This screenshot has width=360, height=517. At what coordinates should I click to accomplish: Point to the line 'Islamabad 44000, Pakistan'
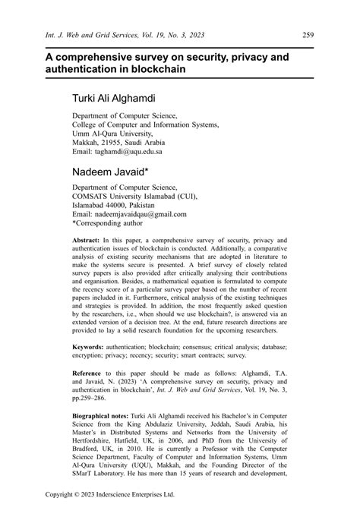[118, 205]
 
